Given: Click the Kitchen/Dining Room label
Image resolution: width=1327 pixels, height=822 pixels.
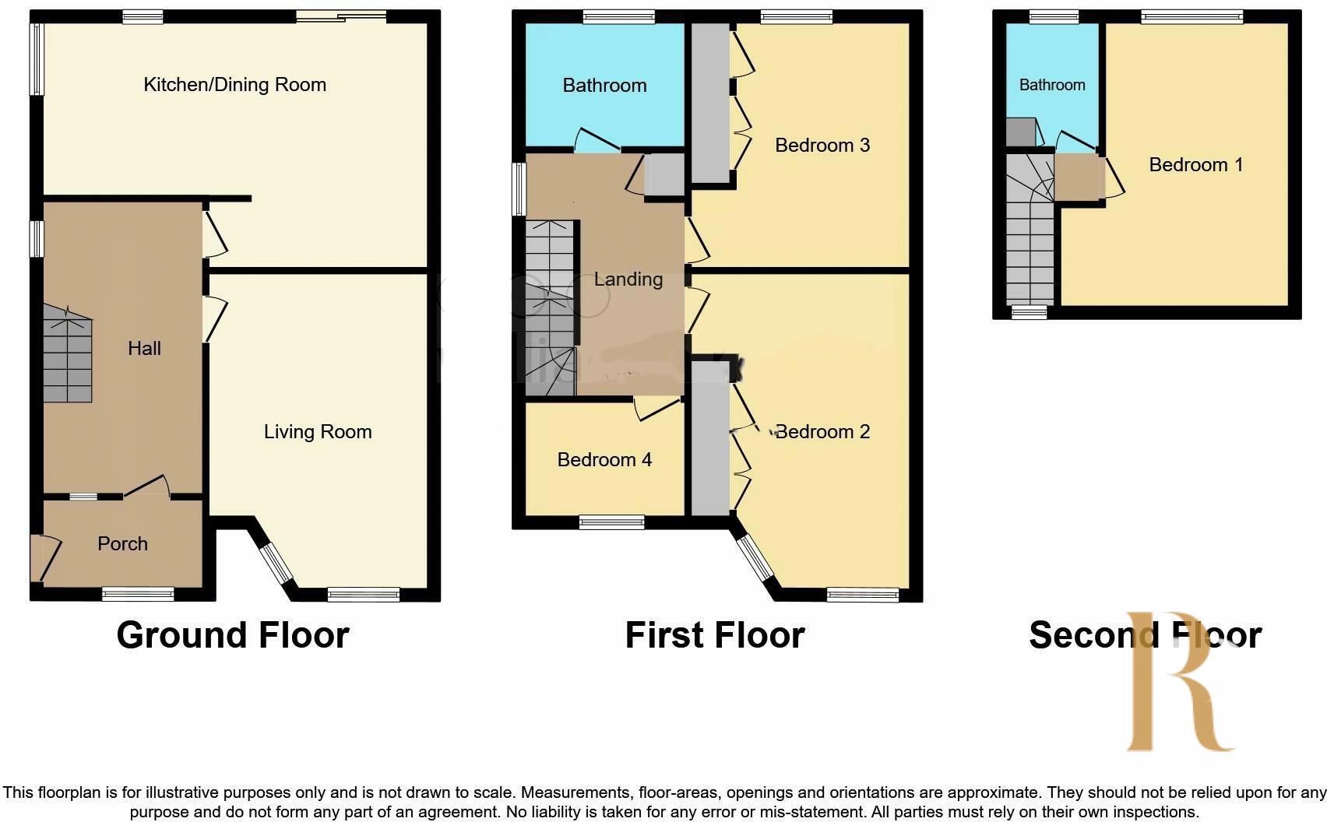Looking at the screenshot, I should tap(234, 85).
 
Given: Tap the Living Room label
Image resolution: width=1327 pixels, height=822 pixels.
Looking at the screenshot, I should tap(318, 432).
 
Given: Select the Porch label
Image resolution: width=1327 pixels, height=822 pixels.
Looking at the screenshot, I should tap(122, 544).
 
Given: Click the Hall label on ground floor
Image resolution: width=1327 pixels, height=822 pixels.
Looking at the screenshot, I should tap(144, 349).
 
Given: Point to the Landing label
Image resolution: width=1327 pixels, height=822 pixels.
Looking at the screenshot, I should tap(628, 279).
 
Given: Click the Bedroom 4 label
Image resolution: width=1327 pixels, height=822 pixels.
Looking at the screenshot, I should tap(604, 460).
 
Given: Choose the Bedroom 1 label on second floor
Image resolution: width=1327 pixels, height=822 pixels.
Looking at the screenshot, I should tap(1195, 165).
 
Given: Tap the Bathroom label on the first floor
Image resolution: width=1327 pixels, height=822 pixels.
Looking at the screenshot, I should tap(604, 86).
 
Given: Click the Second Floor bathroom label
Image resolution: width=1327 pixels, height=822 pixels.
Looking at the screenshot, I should tap(1052, 85).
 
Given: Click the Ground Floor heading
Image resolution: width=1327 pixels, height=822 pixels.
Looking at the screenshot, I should tap(233, 635).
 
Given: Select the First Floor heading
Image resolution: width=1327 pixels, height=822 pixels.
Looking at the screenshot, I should tap(714, 635).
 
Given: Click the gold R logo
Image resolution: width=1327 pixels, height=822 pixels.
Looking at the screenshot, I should tap(1180, 685).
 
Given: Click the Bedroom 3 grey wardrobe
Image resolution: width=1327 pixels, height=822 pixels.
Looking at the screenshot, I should tap(709, 101).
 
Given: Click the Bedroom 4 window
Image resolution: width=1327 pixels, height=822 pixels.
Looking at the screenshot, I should tap(611, 522).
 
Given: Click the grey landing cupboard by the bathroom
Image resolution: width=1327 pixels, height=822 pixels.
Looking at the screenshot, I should tap(663, 175).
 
